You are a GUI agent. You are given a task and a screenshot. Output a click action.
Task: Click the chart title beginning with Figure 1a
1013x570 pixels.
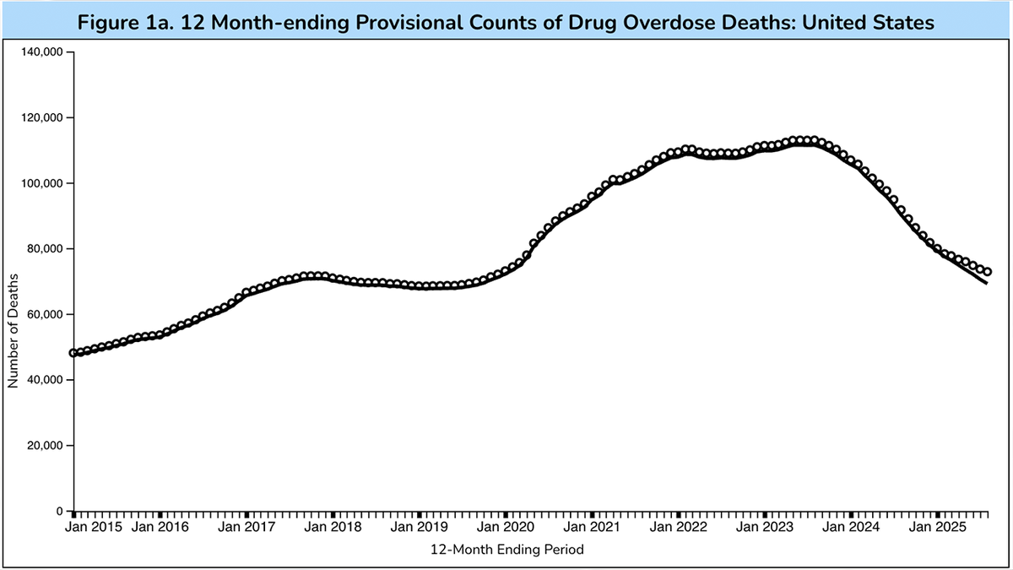506,23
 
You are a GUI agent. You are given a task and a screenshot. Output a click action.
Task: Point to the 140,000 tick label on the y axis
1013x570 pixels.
42,52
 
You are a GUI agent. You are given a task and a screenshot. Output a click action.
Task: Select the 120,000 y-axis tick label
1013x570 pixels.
42,118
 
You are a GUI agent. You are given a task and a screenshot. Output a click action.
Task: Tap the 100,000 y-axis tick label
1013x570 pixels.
42,183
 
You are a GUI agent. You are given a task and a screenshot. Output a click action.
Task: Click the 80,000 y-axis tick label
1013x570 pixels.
45,249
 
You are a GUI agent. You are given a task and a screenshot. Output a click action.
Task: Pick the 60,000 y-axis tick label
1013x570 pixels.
45,314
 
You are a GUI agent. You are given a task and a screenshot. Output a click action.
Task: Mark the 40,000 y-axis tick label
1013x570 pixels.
45,380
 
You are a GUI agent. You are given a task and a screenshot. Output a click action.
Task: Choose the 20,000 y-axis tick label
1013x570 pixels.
45,446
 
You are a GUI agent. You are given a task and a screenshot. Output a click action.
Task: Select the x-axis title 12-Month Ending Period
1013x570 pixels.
506,550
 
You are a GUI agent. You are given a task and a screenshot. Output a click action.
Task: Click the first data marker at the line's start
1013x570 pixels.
73,353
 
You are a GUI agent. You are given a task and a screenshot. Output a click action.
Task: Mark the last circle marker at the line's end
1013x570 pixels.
988,272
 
